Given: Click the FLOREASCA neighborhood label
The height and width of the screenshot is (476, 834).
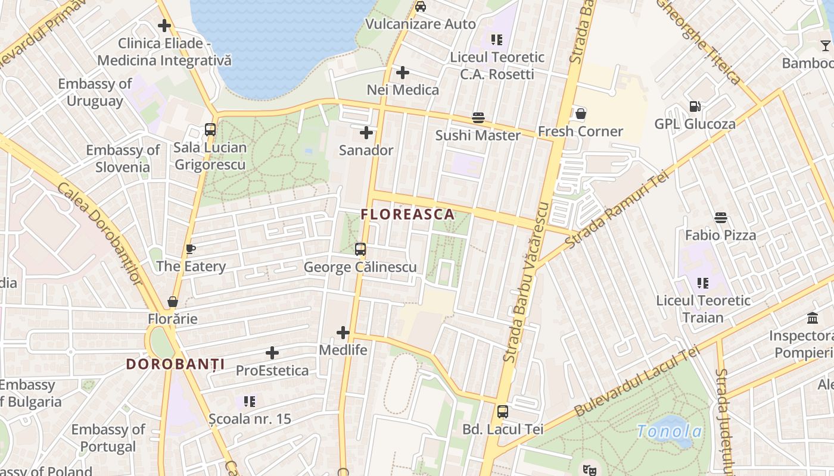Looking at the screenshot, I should pyautogui.click(x=407, y=214).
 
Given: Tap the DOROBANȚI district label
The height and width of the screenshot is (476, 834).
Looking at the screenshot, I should pyautogui.click(x=175, y=364).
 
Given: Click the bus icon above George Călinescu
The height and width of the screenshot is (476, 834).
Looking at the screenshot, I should pyautogui.click(x=360, y=249).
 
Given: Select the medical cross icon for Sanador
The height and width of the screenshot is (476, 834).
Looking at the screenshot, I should pyautogui.click(x=366, y=133).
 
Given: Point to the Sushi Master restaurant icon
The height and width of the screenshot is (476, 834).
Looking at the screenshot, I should pyautogui.click(x=478, y=118).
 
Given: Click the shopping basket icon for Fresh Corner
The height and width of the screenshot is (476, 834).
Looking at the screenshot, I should pyautogui.click(x=580, y=114).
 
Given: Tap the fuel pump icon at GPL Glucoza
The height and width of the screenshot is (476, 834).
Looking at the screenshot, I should pyautogui.click(x=695, y=107).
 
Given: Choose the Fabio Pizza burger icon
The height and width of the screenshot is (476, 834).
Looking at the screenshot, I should pyautogui.click(x=721, y=218).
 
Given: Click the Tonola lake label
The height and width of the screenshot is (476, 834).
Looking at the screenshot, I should pyautogui.click(x=670, y=431).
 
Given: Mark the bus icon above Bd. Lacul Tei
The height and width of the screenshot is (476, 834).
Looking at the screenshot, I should pyautogui.click(x=503, y=412).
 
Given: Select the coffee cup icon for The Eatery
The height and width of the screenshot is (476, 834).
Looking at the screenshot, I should pyautogui.click(x=191, y=249).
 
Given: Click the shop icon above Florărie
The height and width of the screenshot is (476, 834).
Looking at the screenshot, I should pyautogui.click(x=173, y=302).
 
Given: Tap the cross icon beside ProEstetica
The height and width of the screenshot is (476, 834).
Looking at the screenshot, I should pyautogui.click(x=272, y=353).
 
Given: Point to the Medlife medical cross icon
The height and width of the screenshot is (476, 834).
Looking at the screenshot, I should pyautogui.click(x=343, y=333).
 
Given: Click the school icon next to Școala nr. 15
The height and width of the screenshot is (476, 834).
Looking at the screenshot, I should pyautogui.click(x=250, y=402).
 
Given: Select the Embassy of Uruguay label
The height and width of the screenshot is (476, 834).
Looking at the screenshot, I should pyautogui.click(x=95, y=92).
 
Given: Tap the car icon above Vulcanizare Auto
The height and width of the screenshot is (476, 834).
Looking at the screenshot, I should pyautogui.click(x=421, y=7).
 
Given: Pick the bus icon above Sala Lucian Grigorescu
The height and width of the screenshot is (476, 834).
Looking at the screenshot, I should pyautogui.click(x=210, y=130).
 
